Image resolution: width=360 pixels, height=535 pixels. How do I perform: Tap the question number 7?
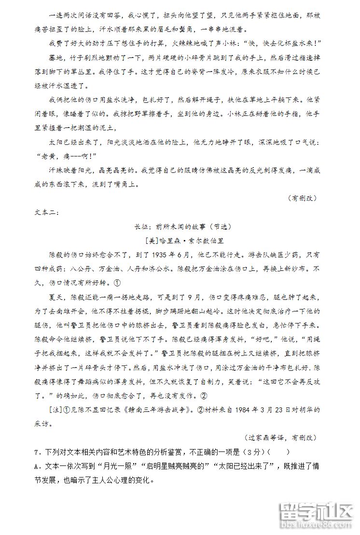point(37,452)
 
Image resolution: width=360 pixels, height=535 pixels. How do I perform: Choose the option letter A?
point(37,466)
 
